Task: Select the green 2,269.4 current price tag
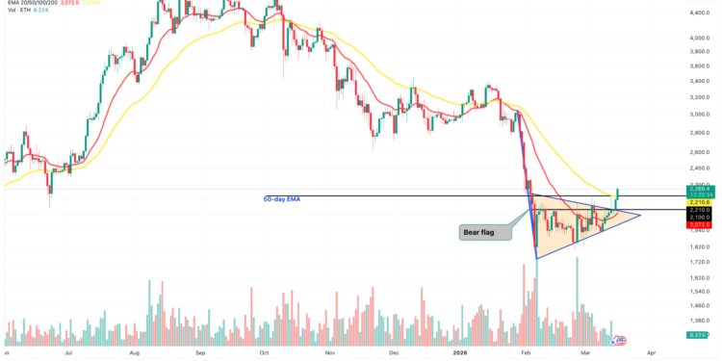[x=700, y=188]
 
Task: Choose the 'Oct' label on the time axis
[x=264, y=353]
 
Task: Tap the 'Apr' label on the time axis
[x=653, y=353]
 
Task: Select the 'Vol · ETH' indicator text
[x=21, y=14]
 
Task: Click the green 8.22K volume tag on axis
[x=700, y=334]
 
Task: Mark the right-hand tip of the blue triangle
[x=640, y=214]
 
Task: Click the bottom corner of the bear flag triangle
[x=535, y=258]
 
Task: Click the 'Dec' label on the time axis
[x=392, y=353]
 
